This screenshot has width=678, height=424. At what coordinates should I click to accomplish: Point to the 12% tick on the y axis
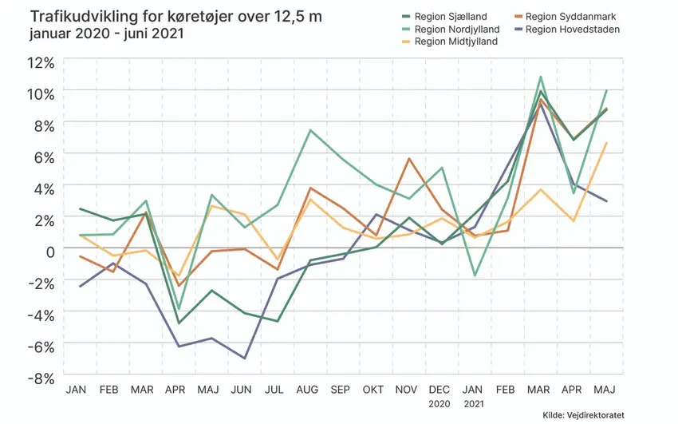click(40, 62)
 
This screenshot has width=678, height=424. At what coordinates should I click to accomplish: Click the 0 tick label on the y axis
click(49, 250)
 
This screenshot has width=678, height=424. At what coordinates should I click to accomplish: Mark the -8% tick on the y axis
click(38, 375)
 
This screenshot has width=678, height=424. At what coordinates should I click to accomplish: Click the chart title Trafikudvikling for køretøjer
click(175, 17)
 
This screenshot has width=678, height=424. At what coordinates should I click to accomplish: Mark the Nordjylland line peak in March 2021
click(541, 77)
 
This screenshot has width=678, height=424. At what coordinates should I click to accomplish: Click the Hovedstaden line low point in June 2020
click(243, 359)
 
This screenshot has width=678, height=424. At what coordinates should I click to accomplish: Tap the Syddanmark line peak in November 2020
click(409, 158)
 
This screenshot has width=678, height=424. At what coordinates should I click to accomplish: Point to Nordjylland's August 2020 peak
click(309, 130)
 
